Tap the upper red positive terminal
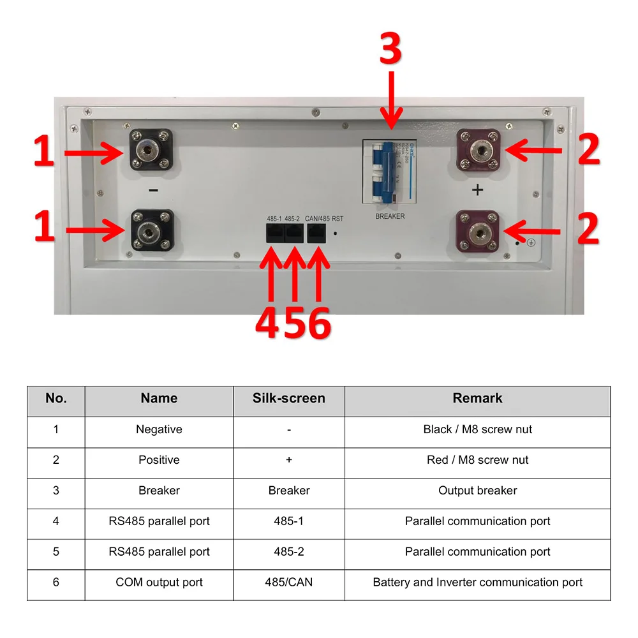pos(478,151)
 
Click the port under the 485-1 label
pos(275,234)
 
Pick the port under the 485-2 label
pos(293,234)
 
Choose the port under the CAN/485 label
pos(317,234)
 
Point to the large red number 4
pos(268,323)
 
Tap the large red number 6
pos(316,323)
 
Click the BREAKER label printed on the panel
pos(390,216)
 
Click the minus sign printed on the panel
pos(152,190)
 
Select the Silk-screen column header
pos(289,399)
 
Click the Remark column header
pos(477,399)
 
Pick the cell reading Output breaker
pos(477,491)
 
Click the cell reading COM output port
pos(159,582)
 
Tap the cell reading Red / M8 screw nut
pos(477,460)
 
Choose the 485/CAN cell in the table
pos(289,582)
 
